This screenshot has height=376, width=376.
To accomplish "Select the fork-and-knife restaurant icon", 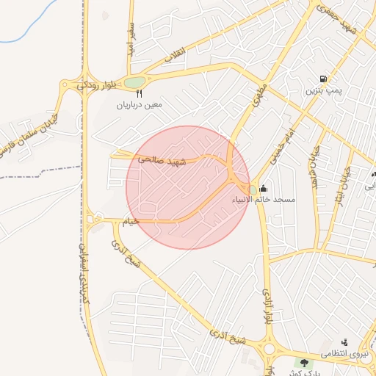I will (x=139, y=93).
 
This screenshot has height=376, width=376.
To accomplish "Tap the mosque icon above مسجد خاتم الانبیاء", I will (x=264, y=189).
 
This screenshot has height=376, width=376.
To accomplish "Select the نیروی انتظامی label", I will (x=346, y=355).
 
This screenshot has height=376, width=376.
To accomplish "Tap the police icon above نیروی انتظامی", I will (x=344, y=342).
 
